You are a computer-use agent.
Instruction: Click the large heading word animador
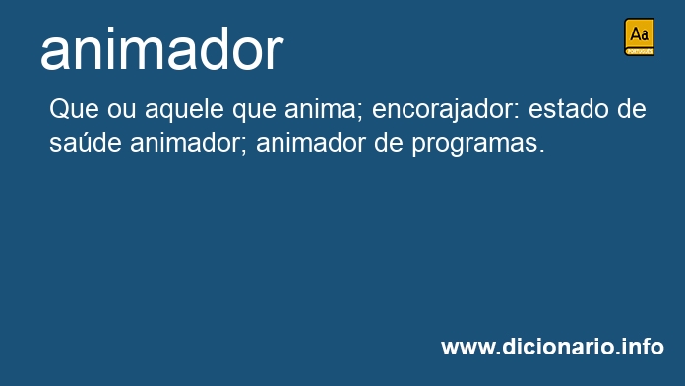pos(161,48)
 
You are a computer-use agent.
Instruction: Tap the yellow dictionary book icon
pos(639,37)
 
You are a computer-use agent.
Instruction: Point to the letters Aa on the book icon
pos(639,34)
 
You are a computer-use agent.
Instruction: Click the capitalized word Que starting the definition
pos(74,109)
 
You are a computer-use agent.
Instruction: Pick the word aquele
pos(184,109)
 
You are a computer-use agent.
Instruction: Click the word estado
pos(568,109)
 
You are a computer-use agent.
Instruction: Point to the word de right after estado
pos(632,109)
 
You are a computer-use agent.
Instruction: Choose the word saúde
pos(86,143)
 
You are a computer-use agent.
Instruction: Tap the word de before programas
pos(389,143)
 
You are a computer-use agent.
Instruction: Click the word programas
pos(478,145)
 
